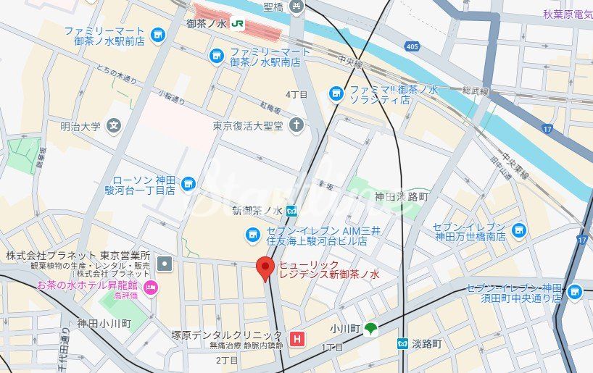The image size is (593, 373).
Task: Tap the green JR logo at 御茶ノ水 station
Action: [x=238, y=24]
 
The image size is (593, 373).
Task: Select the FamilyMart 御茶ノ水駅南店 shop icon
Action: [x=216, y=56]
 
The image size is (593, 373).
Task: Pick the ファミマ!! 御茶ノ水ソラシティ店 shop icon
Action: [x=336, y=93]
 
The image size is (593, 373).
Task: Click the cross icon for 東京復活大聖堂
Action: [x=296, y=125]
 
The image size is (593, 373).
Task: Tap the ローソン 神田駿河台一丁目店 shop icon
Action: [x=188, y=185]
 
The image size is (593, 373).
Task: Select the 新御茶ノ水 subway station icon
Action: [x=291, y=211]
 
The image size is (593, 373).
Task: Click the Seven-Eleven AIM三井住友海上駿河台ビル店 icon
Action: [x=252, y=233]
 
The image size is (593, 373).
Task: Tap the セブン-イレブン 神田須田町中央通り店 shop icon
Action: [x=575, y=291]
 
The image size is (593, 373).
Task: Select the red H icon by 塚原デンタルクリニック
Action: [x=296, y=338]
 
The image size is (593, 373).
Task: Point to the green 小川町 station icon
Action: [x=371, y=329]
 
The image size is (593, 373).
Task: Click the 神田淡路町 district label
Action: [x=402, y=197]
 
